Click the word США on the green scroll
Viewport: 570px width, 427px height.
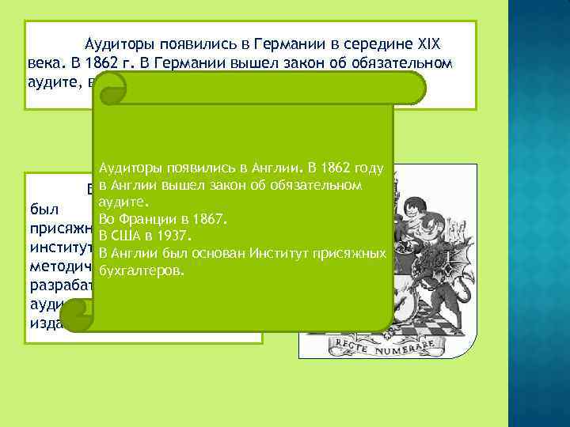pos(127,236)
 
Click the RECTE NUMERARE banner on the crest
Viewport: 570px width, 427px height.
pos(389,345)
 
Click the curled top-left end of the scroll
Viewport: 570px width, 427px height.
pos(115,87)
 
